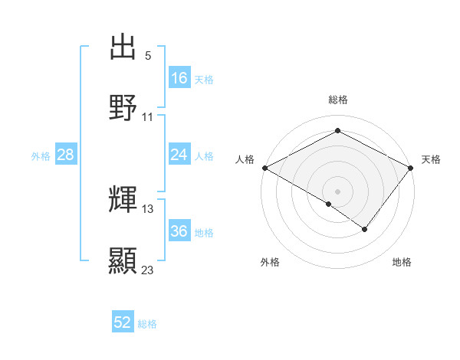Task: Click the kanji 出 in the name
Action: click(x=123, y=47)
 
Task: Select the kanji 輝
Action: click(x=123, y=200)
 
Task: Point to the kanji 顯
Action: click(x=123, y=261)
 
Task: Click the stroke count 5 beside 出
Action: click(x=148, y=56)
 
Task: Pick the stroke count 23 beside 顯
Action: click(x=148, y=270)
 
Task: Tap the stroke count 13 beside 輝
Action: click(x=148, y=208)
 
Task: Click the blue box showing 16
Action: click(x=179, y=78)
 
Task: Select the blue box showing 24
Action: click(x=179, y=155)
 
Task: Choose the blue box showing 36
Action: click(x=179, y=231)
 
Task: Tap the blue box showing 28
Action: click(x=66, y=155)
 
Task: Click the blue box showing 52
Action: click(x=123, y=323)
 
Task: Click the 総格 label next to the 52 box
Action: click(x=147, y=324)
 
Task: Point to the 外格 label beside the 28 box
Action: click(x=41, y=156)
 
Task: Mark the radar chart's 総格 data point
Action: click(x=337, y=131)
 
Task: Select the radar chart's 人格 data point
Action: click(x=264, y=167)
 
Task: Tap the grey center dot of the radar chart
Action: click(x=337, y=191)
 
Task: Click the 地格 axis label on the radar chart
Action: click(x=402, y=263)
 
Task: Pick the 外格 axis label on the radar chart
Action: click(x=270, y=263)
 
